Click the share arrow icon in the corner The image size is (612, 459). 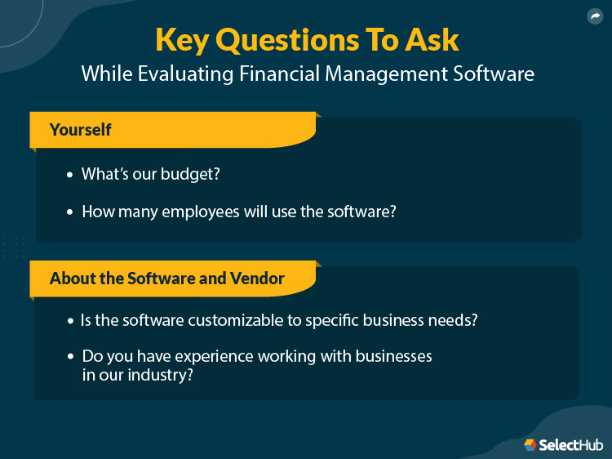[594, 16]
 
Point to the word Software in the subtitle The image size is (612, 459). [495, 74]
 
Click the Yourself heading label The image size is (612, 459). [80, 130]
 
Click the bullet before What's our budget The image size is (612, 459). [70, 175]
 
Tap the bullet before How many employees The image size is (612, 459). [70, 212]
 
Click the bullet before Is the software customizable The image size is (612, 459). [70, 321]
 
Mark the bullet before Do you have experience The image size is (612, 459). [70, 358]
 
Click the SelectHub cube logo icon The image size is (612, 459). [530, 445]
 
